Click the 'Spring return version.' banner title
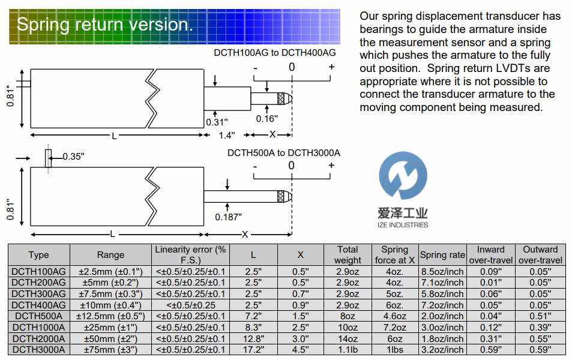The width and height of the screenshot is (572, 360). [105, 25]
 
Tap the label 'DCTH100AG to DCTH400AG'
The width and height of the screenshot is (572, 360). [275, 53]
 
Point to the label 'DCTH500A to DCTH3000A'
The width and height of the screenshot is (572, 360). [283, 152]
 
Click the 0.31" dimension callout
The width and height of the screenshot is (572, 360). [216, 122]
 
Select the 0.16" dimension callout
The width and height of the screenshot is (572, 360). [266, 118]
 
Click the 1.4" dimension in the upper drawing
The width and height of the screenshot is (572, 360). [226, 135]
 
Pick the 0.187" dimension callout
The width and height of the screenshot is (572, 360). [229, 215]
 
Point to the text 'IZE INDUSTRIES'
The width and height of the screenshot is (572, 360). [403, 225]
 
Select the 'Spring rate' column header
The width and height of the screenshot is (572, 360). [442, 255]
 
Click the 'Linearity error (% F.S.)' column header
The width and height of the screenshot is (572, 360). [190, 255]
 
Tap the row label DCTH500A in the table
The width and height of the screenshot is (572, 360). [38, 316]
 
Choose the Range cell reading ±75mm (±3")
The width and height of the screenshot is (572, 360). [110, 350]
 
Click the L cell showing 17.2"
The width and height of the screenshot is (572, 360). [253, 350]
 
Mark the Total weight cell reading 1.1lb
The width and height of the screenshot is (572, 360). [348, 350]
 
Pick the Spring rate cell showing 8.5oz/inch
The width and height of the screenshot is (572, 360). [442, 271]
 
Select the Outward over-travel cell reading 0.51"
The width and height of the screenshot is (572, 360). [540, 316]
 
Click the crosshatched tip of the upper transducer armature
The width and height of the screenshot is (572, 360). [281, 98]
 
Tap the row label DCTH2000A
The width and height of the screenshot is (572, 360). [38, 338]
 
